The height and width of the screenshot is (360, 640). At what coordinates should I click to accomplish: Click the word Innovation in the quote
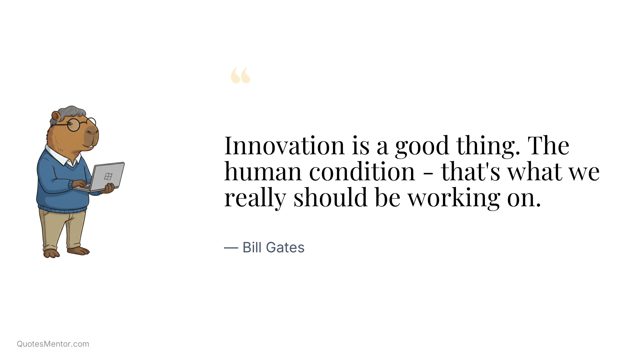pyautogui.click(x=284, y=146)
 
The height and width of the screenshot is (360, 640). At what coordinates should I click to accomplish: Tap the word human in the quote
pyautogui.click(x=263, y=172)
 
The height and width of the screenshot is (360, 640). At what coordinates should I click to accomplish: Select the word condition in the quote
pyautogui.click(x=362, y=172)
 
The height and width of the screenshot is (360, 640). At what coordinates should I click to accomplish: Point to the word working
pyautogui.click(x=454, y=198)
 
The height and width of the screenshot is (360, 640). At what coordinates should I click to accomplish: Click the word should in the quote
pyautogui.click(x=330, y=198)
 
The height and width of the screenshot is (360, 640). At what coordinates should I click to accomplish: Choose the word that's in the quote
pyautogui.click(x=470, y=172)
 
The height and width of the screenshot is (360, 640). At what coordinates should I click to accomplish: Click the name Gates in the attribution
pyautogui.click(x=285, y=248)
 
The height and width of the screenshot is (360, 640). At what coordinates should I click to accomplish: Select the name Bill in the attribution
pyautogui.click(x=252, y=248)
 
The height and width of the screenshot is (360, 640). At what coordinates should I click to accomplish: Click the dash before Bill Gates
pyautogui.click(x=231, y=248)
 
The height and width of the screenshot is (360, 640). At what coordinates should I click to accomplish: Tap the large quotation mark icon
pyautogui.click(x=240, y=75)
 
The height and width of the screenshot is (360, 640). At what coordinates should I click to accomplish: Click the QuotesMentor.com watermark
pyautogui.click(x=53, y=344)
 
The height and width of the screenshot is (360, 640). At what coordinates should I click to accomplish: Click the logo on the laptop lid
pyautogui.click(x=108, y=176)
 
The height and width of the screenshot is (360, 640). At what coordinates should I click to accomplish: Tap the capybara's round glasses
pyautogui.click(x=74, y=125)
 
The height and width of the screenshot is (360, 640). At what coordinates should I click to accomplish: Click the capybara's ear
pyautogui.click(x=56, y=116)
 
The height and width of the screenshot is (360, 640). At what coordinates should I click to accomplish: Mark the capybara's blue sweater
pyautogui.click(x=58, y=187)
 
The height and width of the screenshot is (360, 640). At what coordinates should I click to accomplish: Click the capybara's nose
pyautogui.click(x=92, y=130)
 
